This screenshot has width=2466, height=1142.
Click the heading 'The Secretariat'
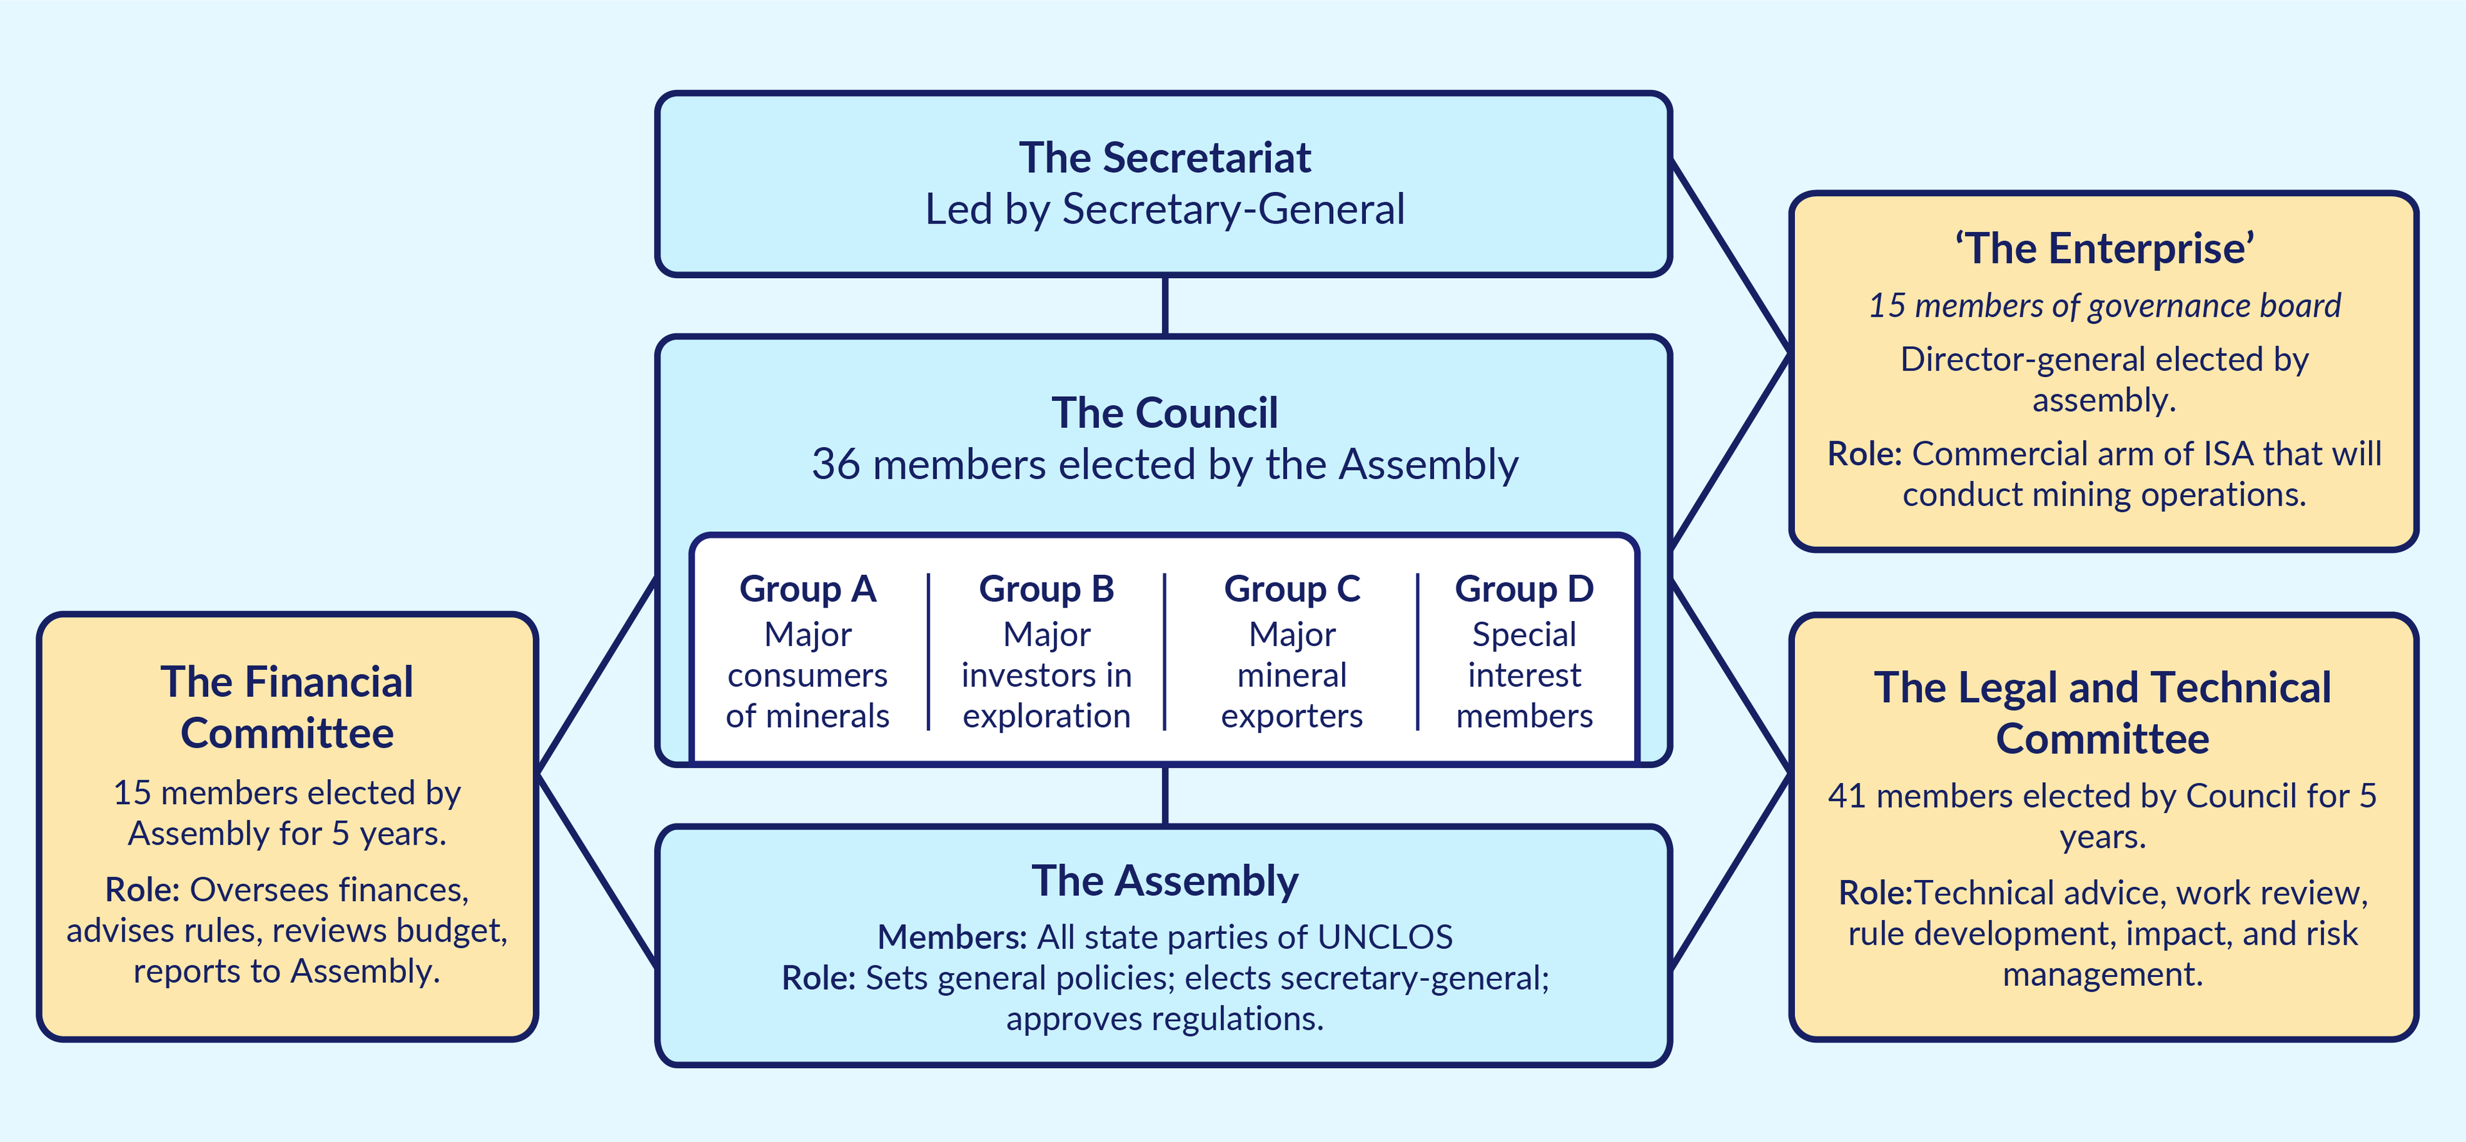(1164, 158)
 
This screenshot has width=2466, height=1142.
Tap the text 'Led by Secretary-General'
(1164, 209)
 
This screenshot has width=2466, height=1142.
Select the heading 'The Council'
(1164, 414)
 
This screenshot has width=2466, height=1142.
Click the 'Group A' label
(807, 589)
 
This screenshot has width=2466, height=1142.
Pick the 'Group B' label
(1046, 589)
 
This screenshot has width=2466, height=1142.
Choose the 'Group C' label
(1291, 589)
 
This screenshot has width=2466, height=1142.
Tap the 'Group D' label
(1524, 589)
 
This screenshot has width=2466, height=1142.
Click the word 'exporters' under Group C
(1291, 716)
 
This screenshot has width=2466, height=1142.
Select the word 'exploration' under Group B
(1046, 716)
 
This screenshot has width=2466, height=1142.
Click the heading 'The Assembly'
(1164, 881)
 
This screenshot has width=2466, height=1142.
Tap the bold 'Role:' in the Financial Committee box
(142, 890)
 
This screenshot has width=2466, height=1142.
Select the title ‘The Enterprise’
(2104, 249)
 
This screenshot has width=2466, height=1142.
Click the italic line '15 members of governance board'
(2104, 305)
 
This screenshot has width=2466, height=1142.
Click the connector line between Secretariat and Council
(1164, 306)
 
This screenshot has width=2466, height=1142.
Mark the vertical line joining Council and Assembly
(1164, 795)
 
